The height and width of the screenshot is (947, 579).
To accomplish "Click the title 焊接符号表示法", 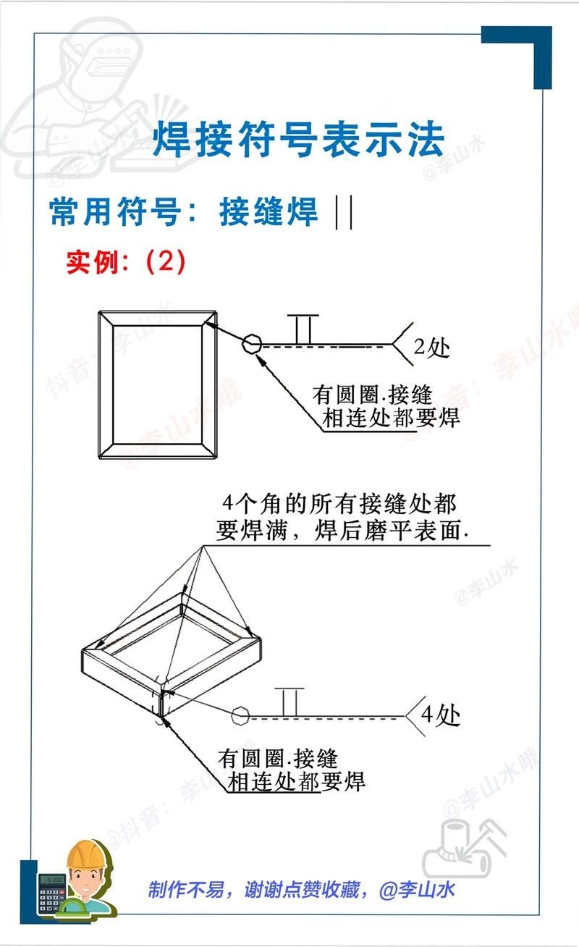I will (x=297, y=140).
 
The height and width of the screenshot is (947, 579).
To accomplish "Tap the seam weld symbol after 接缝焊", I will (x=345, y=213).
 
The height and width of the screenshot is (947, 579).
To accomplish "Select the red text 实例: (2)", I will (x=126, y=261).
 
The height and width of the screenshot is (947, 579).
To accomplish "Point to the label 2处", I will (x=432, y=348).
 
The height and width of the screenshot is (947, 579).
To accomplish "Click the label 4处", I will (x=441, y=715).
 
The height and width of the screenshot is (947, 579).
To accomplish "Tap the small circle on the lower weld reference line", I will (x=240, y=717).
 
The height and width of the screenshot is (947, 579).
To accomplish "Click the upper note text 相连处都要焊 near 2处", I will (x=392, y=418).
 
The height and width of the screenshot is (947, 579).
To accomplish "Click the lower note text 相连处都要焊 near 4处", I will (x=296, y=781).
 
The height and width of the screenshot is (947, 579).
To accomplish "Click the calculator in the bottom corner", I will (x=52, y=891).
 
